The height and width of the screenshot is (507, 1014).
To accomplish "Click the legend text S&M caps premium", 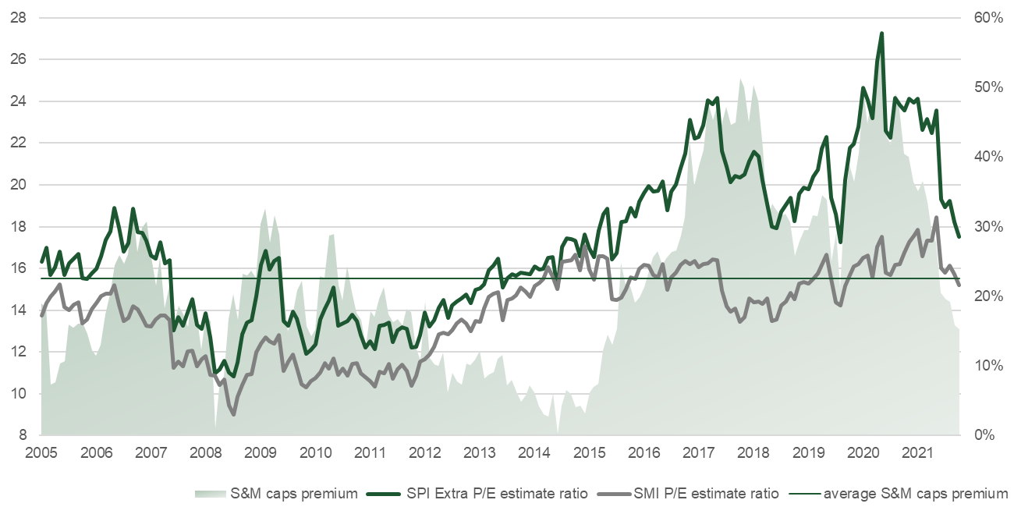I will tap(294, 493).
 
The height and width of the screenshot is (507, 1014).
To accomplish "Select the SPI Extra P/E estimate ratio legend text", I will tap(496, 493).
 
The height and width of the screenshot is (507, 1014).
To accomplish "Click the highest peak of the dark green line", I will tap(881, 34).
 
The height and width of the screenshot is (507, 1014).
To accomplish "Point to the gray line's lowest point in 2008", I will tap(234, 414).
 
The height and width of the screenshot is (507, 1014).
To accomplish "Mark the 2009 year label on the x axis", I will tap(261, 452).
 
